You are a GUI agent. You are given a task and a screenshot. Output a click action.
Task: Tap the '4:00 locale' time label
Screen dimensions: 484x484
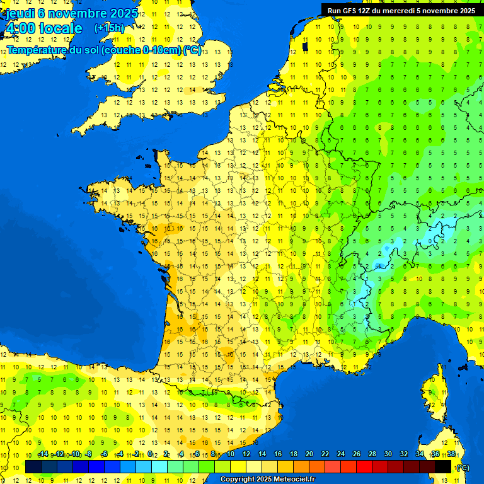coord(43,28)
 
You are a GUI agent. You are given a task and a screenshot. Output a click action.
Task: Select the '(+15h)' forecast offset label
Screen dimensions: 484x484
coord(109,28)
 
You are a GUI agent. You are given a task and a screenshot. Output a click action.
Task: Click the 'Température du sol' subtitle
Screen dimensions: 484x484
coord(104,50)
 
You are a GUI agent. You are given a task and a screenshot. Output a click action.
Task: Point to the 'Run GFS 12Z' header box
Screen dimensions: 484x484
coord(402,10)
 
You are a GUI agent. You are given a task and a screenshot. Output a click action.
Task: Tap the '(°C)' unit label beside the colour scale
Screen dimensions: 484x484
coord(463,468)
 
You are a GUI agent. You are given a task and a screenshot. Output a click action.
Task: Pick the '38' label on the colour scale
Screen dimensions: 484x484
coord(451,454)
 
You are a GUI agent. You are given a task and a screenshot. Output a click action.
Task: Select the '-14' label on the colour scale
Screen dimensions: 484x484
coord(43,454)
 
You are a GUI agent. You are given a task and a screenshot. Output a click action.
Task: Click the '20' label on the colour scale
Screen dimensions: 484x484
coord(309,454)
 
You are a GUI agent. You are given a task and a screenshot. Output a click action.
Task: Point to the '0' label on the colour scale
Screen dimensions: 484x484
coord(150,454)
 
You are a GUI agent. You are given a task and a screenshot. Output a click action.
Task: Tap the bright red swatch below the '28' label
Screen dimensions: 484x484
coord(364,467)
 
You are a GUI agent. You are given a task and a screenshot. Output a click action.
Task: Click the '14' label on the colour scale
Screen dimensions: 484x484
coord(262,454)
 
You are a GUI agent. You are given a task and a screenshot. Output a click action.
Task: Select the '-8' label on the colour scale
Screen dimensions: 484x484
coord(89,454)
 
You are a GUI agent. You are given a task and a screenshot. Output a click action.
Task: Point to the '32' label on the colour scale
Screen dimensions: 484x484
coord(403,454)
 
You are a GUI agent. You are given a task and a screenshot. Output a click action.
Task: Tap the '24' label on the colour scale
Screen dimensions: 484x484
coord(341,454)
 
